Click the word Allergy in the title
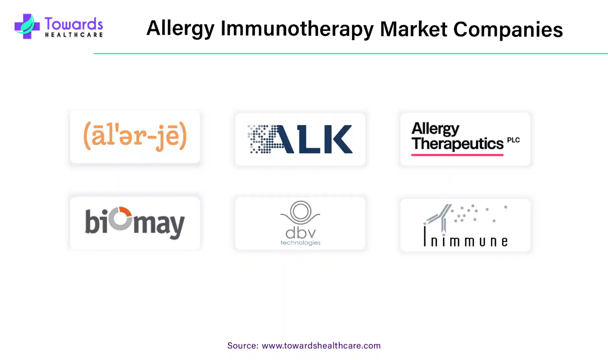[x=181, y=29]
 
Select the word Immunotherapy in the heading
[x=297, y=29]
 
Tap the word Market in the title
[x=413, y=29]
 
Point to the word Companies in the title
[x=508, y=29]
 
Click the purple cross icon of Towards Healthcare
[x=27, y=27]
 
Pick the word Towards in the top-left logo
[x=74, y=23]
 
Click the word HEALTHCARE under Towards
[x=74, y=35]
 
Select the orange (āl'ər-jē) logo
[x=135, y=136]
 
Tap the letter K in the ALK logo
[x=342, y=139]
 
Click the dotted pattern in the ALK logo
[x=263, y=139]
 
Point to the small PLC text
[x=513, y=140]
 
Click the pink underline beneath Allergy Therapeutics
[x=457, y=155]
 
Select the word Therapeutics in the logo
[x=457, y=144]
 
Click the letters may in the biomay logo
[x=159, y=226]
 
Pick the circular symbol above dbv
[x=300, y=212]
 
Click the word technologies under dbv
[x=301, y=243]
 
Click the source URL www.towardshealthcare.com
[x=321, y=345]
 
